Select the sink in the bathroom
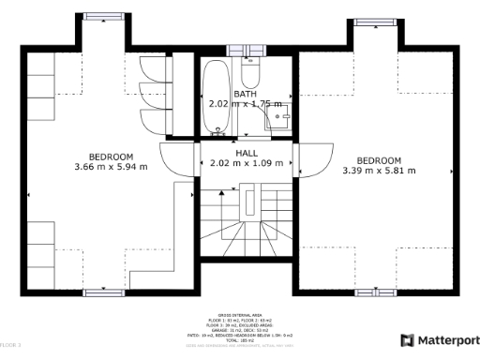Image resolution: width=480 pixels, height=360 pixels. pos(277,117)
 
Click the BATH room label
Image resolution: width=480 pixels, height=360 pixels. pos(246,94)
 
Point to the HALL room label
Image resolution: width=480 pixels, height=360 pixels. pos(247,153)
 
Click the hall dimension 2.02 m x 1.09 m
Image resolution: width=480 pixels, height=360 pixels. pos(247,163)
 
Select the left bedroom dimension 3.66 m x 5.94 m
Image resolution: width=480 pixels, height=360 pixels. pos(111,167)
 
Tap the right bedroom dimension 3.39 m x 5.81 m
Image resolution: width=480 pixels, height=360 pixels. pos(379,171)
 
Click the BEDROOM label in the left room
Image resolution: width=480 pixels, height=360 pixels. pos(111,156)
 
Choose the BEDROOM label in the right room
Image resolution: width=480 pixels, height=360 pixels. pos(379,159)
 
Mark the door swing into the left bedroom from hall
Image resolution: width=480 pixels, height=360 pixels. pos(178,159)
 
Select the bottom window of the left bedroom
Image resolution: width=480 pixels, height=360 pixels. pos(104,292)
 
